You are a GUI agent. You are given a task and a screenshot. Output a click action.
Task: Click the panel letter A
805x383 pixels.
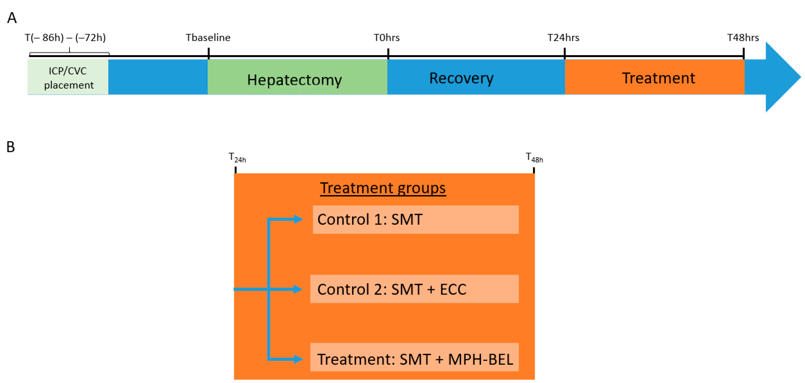coord(12,18)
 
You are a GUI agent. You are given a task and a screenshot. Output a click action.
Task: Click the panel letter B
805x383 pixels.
coord(11,147)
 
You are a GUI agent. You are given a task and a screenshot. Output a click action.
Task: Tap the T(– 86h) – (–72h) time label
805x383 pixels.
coord(65,38)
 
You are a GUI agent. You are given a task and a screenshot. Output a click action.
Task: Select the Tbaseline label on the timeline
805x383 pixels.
coord(208,38)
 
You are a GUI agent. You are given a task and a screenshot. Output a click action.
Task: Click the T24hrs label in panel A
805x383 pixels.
coord(563,38)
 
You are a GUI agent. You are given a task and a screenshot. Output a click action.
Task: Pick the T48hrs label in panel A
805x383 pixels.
coord(743,38)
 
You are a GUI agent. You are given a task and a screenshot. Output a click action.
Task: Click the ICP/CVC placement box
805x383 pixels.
coord(68,77)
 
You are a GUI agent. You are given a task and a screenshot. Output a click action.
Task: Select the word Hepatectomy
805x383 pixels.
coord(294,80)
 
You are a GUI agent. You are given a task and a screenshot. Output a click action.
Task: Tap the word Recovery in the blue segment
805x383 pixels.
coord(461,78)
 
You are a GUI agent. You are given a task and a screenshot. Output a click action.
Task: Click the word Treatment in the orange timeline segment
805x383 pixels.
coord(658,78)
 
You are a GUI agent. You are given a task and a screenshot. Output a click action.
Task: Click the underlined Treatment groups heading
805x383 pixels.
coord(383,188)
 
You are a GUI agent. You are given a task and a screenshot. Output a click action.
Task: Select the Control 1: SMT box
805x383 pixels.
coord(416,219)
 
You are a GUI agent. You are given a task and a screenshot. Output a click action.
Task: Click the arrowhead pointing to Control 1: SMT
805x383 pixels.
coord(298,219)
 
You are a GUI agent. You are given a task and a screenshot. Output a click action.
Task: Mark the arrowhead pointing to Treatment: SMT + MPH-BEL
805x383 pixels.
coord(298,359)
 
